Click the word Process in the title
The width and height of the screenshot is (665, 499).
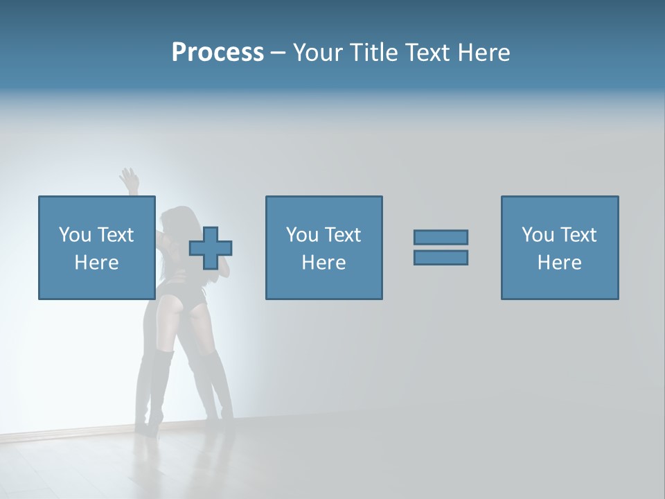pos(218,53)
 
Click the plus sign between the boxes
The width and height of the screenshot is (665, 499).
pos(211,247)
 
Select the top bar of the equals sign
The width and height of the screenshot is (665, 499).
pos(441,237)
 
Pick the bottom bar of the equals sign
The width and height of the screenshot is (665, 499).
pos(441,257)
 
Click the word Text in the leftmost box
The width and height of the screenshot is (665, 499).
pos(116,235)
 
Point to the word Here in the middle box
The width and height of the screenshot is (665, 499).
pos(323,263)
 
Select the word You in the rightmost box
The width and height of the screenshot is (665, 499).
pos(538,235)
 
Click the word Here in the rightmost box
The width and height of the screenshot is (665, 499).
pos(559,263)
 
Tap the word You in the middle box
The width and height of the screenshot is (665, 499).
pos(302,235)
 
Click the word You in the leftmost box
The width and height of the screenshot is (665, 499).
pos(75,235)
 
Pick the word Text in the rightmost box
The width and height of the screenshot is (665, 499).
pos(578,235)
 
